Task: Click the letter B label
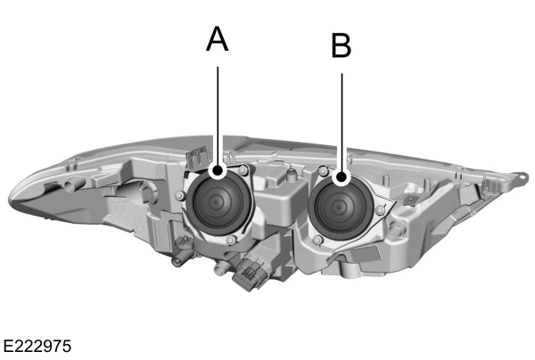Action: [341, 45]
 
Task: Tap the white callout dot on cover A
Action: [218, 168]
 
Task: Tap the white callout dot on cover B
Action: [342, 178]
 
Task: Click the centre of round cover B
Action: [340, 204]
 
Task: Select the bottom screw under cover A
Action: [230, 240]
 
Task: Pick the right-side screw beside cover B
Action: [381, 209]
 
